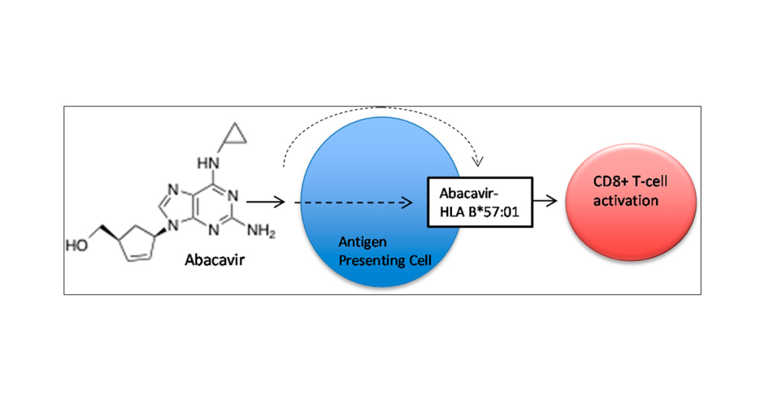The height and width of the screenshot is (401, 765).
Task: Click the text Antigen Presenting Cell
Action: click(373, 250)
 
